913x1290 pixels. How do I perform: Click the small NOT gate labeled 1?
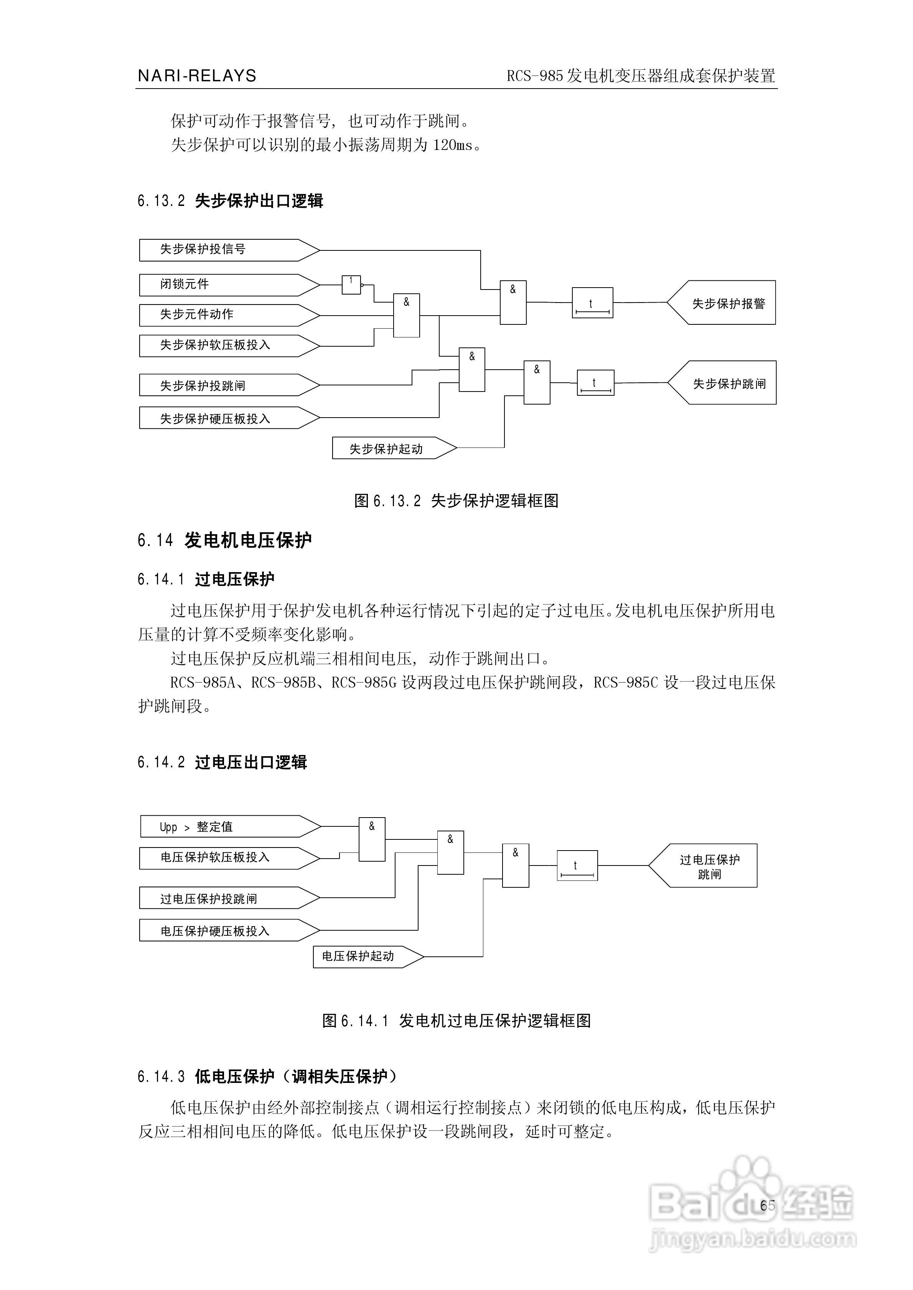(x=351, y=284)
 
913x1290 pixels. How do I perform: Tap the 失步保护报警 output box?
(x=725, y=303)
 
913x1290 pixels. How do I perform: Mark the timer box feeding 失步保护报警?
(x=592, y=303)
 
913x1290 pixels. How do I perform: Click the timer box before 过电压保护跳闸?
(x=577, y=866)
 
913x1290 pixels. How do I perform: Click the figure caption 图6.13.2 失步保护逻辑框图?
(x=456, y=500)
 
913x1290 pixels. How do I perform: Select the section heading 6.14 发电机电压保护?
(x=224, y=540)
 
